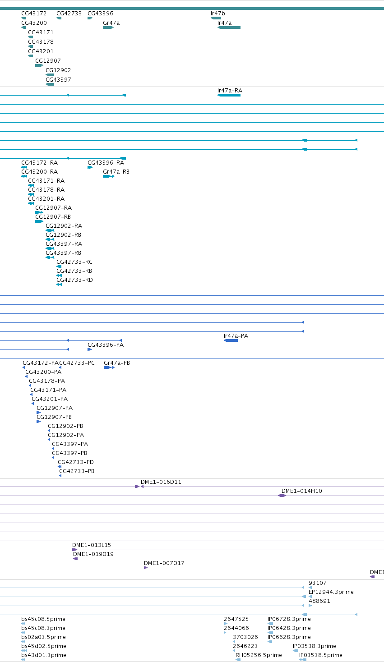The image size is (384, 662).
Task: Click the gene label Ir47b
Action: pos(217,13)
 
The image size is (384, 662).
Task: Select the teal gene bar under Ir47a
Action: pos(229,28)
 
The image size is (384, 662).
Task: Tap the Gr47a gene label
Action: pos(111,23)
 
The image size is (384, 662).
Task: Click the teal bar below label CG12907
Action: pos(39,65)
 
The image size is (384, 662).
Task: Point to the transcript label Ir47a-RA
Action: pos(230,91)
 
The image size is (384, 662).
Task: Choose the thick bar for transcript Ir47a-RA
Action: pos(229,95)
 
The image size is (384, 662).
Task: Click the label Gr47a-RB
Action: pos(116,172)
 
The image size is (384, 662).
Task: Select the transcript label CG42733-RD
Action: pos(74,280)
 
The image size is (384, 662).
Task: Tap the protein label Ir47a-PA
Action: pos(236,336)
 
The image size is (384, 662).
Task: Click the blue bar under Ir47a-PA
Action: pos(231,340)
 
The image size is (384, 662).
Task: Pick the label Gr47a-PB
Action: pos(117,363)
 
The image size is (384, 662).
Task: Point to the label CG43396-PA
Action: pos(106,345)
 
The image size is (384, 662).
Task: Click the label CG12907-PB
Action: pos(54,417)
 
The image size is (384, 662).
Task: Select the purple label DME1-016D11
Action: pos(161,482)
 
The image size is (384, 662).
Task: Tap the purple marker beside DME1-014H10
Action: pos(282,496)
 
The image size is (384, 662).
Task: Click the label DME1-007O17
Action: pos(164,563)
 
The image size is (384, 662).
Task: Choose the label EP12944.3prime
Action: pos(331,592)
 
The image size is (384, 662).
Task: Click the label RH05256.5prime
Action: pos(259,655)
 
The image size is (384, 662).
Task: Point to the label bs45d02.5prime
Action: pos(44,646)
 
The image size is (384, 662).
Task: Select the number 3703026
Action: pos(245,637)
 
